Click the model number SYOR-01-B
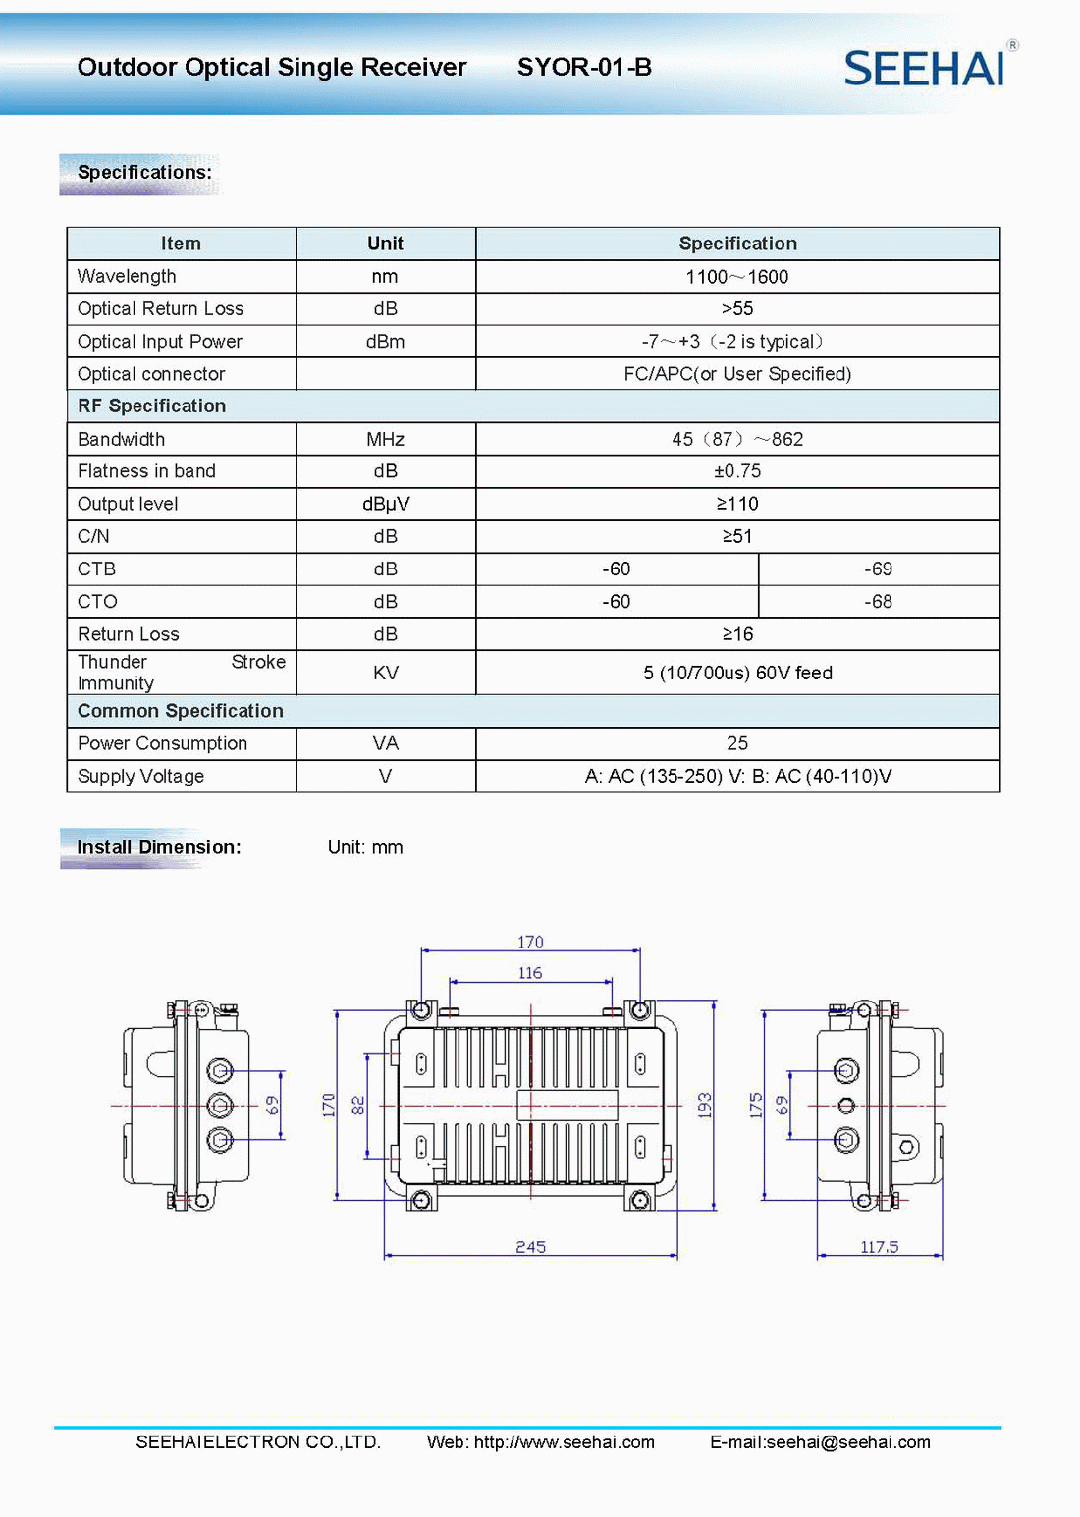584,67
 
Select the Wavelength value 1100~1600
736,276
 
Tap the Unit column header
385,244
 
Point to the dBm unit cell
385,342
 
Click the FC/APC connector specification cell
737,374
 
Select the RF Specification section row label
151,406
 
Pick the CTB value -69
878,569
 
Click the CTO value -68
878,601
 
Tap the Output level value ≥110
737,504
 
